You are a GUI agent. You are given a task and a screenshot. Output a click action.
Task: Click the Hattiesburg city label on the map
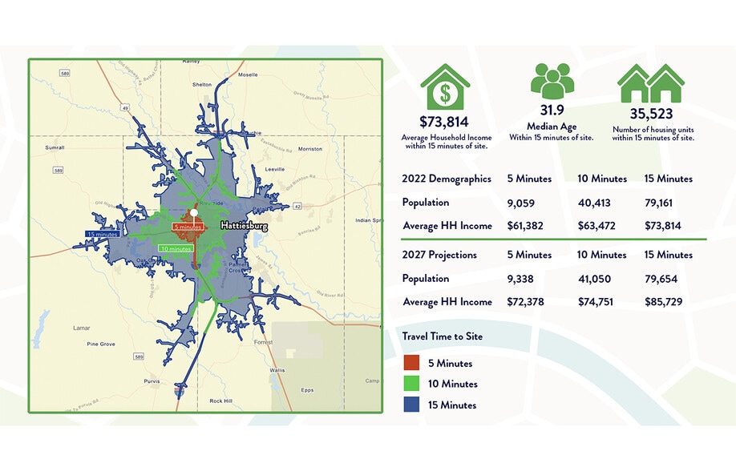coord(244,227)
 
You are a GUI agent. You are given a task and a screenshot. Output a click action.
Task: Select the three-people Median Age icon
coord(552,82)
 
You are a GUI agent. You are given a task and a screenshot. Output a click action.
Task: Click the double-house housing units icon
coord(650,82)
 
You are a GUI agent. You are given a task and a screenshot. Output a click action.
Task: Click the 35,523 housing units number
coord(650,114)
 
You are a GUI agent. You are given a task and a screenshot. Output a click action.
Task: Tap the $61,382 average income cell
coord(525,226)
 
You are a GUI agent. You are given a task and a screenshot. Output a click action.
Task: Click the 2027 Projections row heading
coord(439,255)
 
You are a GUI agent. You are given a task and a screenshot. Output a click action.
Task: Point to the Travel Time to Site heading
coord(443,336)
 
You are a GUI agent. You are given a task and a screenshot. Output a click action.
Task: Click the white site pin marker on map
coord(195,213)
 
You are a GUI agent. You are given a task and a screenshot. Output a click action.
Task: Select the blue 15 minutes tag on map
coord(103,234)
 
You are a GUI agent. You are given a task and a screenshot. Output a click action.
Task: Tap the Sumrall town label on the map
coord(55,148)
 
